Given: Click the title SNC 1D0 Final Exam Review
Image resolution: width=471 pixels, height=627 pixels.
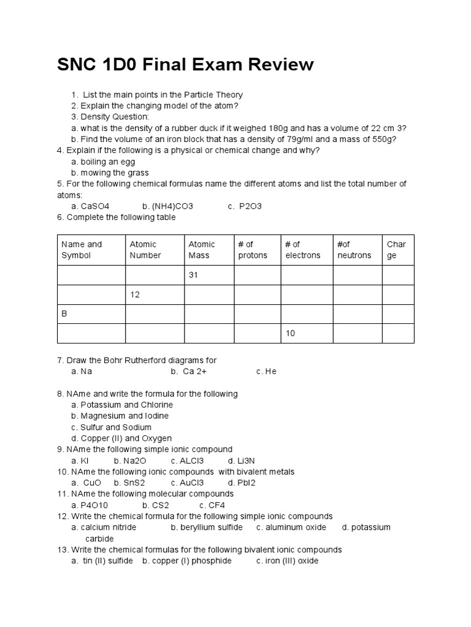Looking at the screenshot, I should coord(185,64).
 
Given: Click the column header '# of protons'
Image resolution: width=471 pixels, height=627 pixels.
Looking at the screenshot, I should coord(256,250).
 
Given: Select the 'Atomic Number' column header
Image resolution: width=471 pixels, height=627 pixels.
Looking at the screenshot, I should coord(154,250).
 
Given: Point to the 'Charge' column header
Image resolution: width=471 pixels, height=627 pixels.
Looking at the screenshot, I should coord(398,250).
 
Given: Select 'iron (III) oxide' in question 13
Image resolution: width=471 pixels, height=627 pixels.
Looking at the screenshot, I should coord(292,561).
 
